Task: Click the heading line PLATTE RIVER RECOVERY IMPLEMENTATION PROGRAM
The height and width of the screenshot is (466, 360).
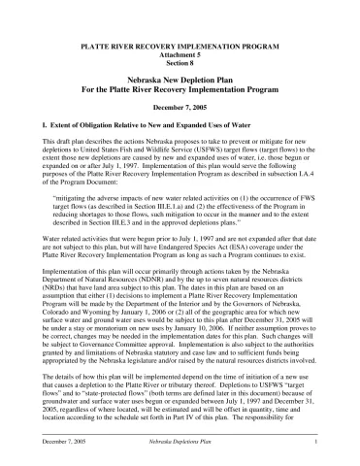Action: (180, 46)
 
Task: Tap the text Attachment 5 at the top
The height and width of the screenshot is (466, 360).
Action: (180, 53)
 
